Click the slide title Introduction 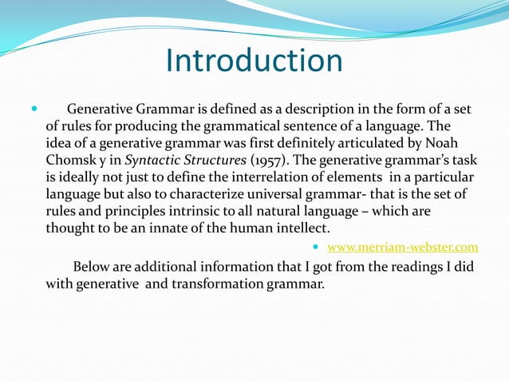pos(254,62)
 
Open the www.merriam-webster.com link pos(403,247)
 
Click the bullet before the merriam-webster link pos(319,247)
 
